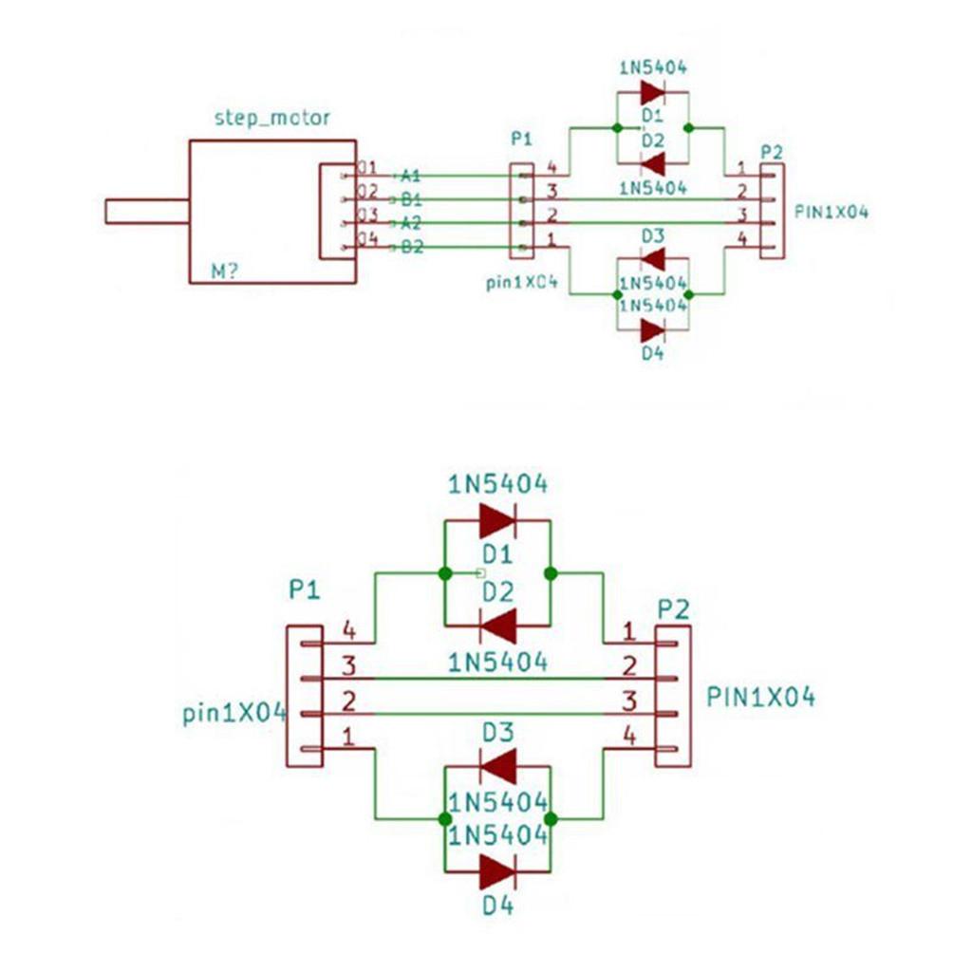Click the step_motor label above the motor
pos(272,118)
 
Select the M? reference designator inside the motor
pos(225,272)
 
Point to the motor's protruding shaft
pos(147,211)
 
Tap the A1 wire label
pos(410,176)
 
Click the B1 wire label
pos(410,199)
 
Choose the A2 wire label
pos(410,223)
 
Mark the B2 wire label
pos(410,248)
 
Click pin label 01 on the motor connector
pos(367,168)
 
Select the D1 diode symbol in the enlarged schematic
pos(497,520)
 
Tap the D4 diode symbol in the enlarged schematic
pos(497,870)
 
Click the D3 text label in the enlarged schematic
pos(497,733)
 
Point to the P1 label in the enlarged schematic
pos(304,590)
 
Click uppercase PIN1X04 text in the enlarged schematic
pos(760,697)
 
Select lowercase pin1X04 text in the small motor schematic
pos(520,283)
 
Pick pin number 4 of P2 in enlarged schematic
pos(628,733)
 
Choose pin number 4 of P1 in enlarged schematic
pos(348,628)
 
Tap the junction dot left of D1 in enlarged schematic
pos(444,573)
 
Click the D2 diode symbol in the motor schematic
pos(652,163)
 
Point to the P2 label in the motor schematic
pos(772,152)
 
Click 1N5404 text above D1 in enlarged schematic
pos(497,484)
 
